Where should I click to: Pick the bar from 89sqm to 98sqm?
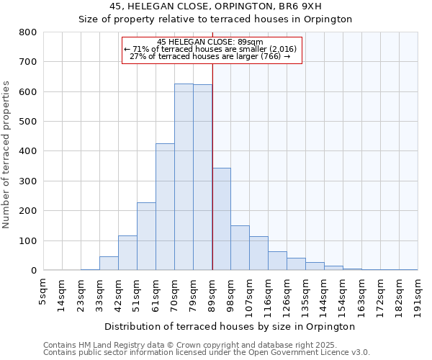point(221,219)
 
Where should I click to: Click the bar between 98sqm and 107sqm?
point(240,248)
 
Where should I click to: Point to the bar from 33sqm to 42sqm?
point(109,264)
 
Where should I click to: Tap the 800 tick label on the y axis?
point(27,32)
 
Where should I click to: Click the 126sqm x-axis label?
point(287,293)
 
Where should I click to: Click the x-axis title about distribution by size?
point(230,326)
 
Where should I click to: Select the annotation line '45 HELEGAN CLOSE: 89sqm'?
point(210,42)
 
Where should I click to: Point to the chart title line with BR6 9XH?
point(215,6)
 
